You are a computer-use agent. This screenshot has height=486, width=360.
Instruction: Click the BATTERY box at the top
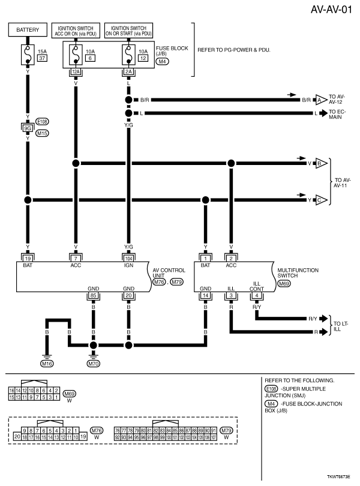point(28,30)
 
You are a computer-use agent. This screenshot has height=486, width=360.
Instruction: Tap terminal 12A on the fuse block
point(76,71)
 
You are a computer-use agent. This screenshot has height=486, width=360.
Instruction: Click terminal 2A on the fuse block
point(128,71)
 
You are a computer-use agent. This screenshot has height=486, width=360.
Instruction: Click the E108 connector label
point(43,120)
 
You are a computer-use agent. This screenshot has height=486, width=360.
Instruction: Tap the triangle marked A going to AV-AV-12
point(321,100)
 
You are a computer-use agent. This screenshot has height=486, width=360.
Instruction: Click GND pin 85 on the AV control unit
point(93,296)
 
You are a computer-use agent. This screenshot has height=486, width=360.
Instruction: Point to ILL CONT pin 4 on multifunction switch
point(256,296)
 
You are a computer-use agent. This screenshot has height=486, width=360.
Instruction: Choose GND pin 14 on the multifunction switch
point(206,296)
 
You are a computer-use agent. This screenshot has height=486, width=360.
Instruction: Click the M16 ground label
point(46,364)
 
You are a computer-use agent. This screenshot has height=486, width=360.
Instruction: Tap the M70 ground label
point(93,364)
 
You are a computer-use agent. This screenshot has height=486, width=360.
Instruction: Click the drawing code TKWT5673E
point(338,475)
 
